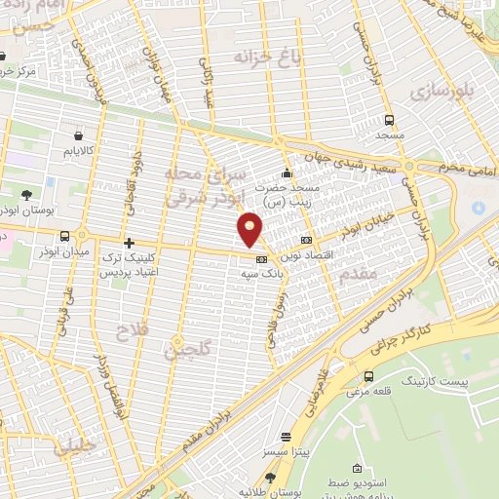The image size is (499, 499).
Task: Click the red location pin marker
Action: [x=250, y=229]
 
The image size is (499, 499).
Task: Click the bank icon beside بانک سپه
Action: [x=261, y=259]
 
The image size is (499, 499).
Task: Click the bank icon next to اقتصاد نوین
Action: [x=307, y=239]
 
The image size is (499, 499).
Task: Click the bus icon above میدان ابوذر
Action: [x=64, y=236]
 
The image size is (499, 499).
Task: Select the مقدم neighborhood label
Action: [x=359, y=275]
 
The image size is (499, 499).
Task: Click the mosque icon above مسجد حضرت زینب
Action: [x=286, y=173]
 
